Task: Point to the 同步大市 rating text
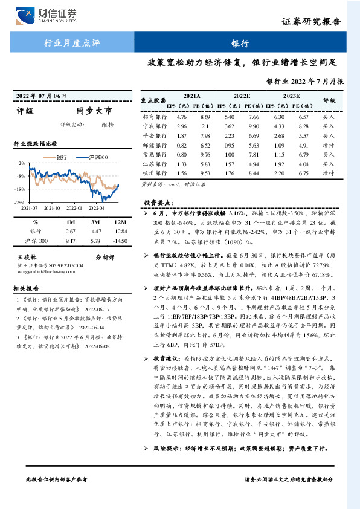coord(94,111)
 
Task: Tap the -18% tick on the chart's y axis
coord(21,189)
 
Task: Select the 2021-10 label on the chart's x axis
coord(52,207)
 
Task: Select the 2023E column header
coord(291,96)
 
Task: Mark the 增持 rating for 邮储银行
coord(328,145)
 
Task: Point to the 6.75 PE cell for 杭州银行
coord(303,173)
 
